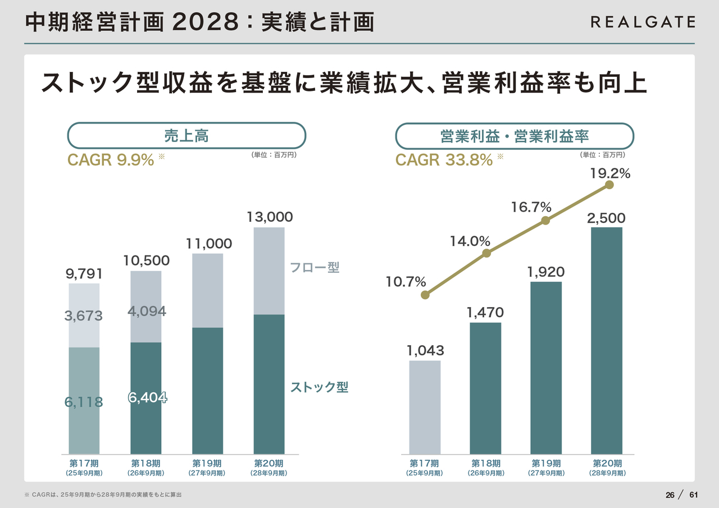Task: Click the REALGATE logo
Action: tap(643, 22)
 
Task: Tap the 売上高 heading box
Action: tap(186, 136)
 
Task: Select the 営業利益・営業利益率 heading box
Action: tap(515, 136)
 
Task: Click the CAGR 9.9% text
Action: tap(111, 160)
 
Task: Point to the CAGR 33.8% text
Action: tap(444, 160)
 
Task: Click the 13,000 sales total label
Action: tap(270, 217)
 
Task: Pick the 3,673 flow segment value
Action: tap(84, 316)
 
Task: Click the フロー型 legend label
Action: tap(315, 267)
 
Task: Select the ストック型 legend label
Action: tap(319, 387)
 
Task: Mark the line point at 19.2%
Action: tap(609, 185)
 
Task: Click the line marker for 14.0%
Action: tap(486, 253)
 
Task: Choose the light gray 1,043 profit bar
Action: tap(425, 407)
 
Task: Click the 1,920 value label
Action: tap(545, 272)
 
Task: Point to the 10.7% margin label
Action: tap(406, 282)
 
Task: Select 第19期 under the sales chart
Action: tap(207, 464)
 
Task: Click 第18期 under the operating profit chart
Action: tap(485, 464)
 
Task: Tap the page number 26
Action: tap(670, 495)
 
